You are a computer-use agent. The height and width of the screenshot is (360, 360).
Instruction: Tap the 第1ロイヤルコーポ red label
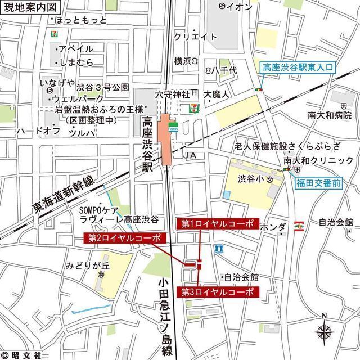[x=218, y=224]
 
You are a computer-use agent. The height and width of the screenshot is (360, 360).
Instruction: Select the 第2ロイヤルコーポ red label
[x=125, y=238]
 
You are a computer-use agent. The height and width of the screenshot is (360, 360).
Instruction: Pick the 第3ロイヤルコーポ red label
[x=218, y=292]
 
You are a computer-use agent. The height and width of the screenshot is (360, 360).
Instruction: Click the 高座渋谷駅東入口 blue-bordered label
[x=299, y=67]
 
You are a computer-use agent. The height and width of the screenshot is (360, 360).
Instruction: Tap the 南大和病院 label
[x=329, y=115]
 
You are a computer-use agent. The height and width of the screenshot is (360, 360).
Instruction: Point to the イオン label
[x=236, y=6]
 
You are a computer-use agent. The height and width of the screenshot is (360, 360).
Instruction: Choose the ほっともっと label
[x=81, y=20]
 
